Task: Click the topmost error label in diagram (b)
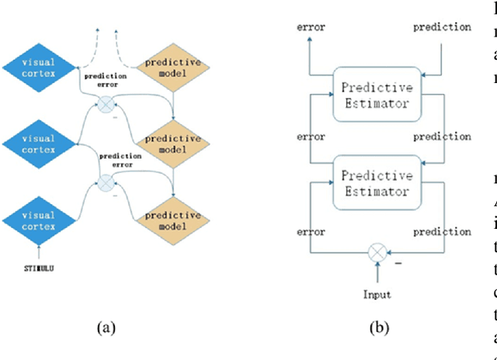click(311, 28)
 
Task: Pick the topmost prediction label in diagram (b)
click(442, 28)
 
